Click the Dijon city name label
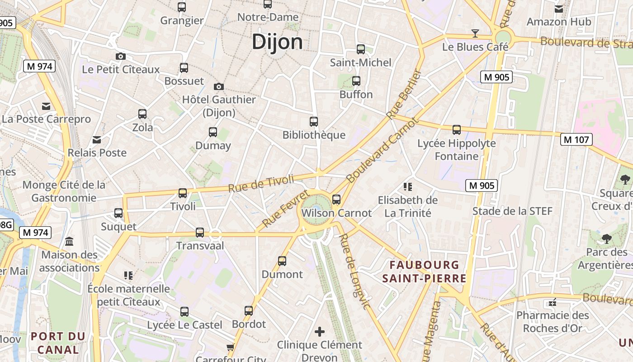coord(277,42)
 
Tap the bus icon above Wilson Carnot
coord(336,200)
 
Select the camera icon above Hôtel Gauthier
coord(219,86)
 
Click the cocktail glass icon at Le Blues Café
coord(475,33)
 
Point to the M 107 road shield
coord(576,139)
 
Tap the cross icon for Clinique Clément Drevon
coord(320,332)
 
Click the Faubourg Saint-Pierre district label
coord(424,271)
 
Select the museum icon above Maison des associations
coord(69,241)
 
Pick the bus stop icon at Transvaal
coord(200,233)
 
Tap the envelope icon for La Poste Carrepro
coord(46,106)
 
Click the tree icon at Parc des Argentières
coord(606,238)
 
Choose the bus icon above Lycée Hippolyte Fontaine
coord(457,130)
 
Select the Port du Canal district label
coord(58,343)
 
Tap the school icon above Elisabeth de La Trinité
coord(408,186)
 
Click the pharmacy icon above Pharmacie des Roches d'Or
coord(552,302)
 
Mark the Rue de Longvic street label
coord(355,271)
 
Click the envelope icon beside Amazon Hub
coord(559,9)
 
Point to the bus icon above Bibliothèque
coord(314,121)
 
